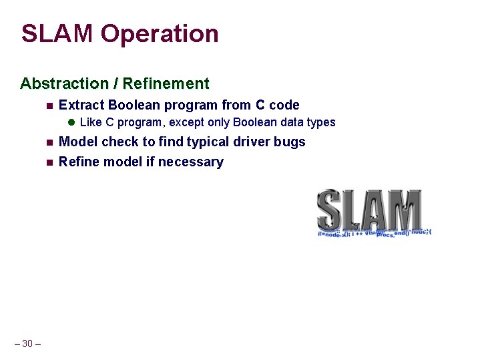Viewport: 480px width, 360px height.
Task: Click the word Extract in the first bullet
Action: [81, 105]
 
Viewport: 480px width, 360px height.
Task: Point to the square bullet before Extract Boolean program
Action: [49, 106]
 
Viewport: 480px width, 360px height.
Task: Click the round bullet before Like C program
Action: [72, 122]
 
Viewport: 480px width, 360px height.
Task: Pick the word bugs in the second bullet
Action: [290, 142]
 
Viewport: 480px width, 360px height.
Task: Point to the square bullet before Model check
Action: [49, 142]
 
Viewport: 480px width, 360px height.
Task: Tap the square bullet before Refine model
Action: [49, 162]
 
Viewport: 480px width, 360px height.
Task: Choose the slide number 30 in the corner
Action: [27, 343]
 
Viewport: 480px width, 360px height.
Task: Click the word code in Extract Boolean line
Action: [284, 105]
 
